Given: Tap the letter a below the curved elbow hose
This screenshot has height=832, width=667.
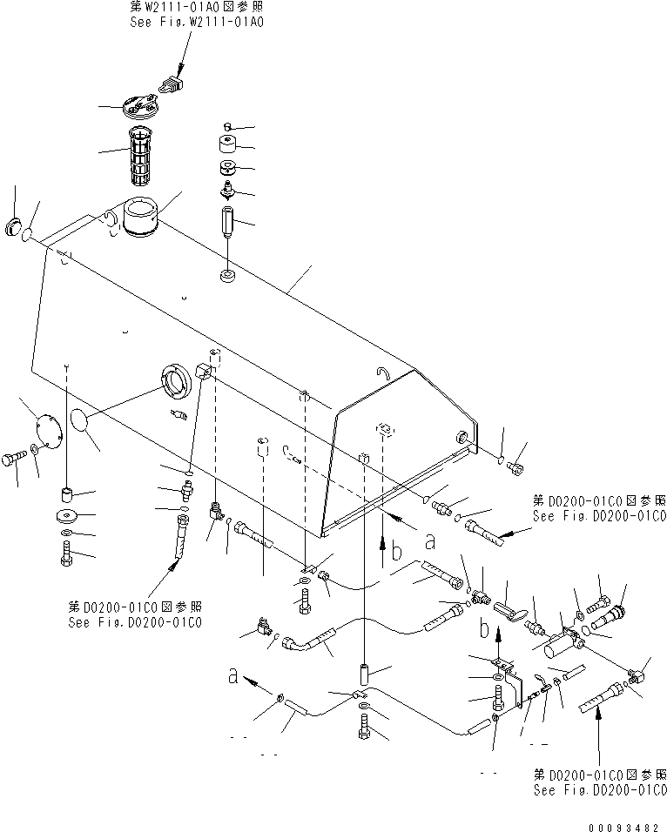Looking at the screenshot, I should [233, 675].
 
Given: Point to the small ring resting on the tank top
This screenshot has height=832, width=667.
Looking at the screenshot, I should [227, 277].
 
